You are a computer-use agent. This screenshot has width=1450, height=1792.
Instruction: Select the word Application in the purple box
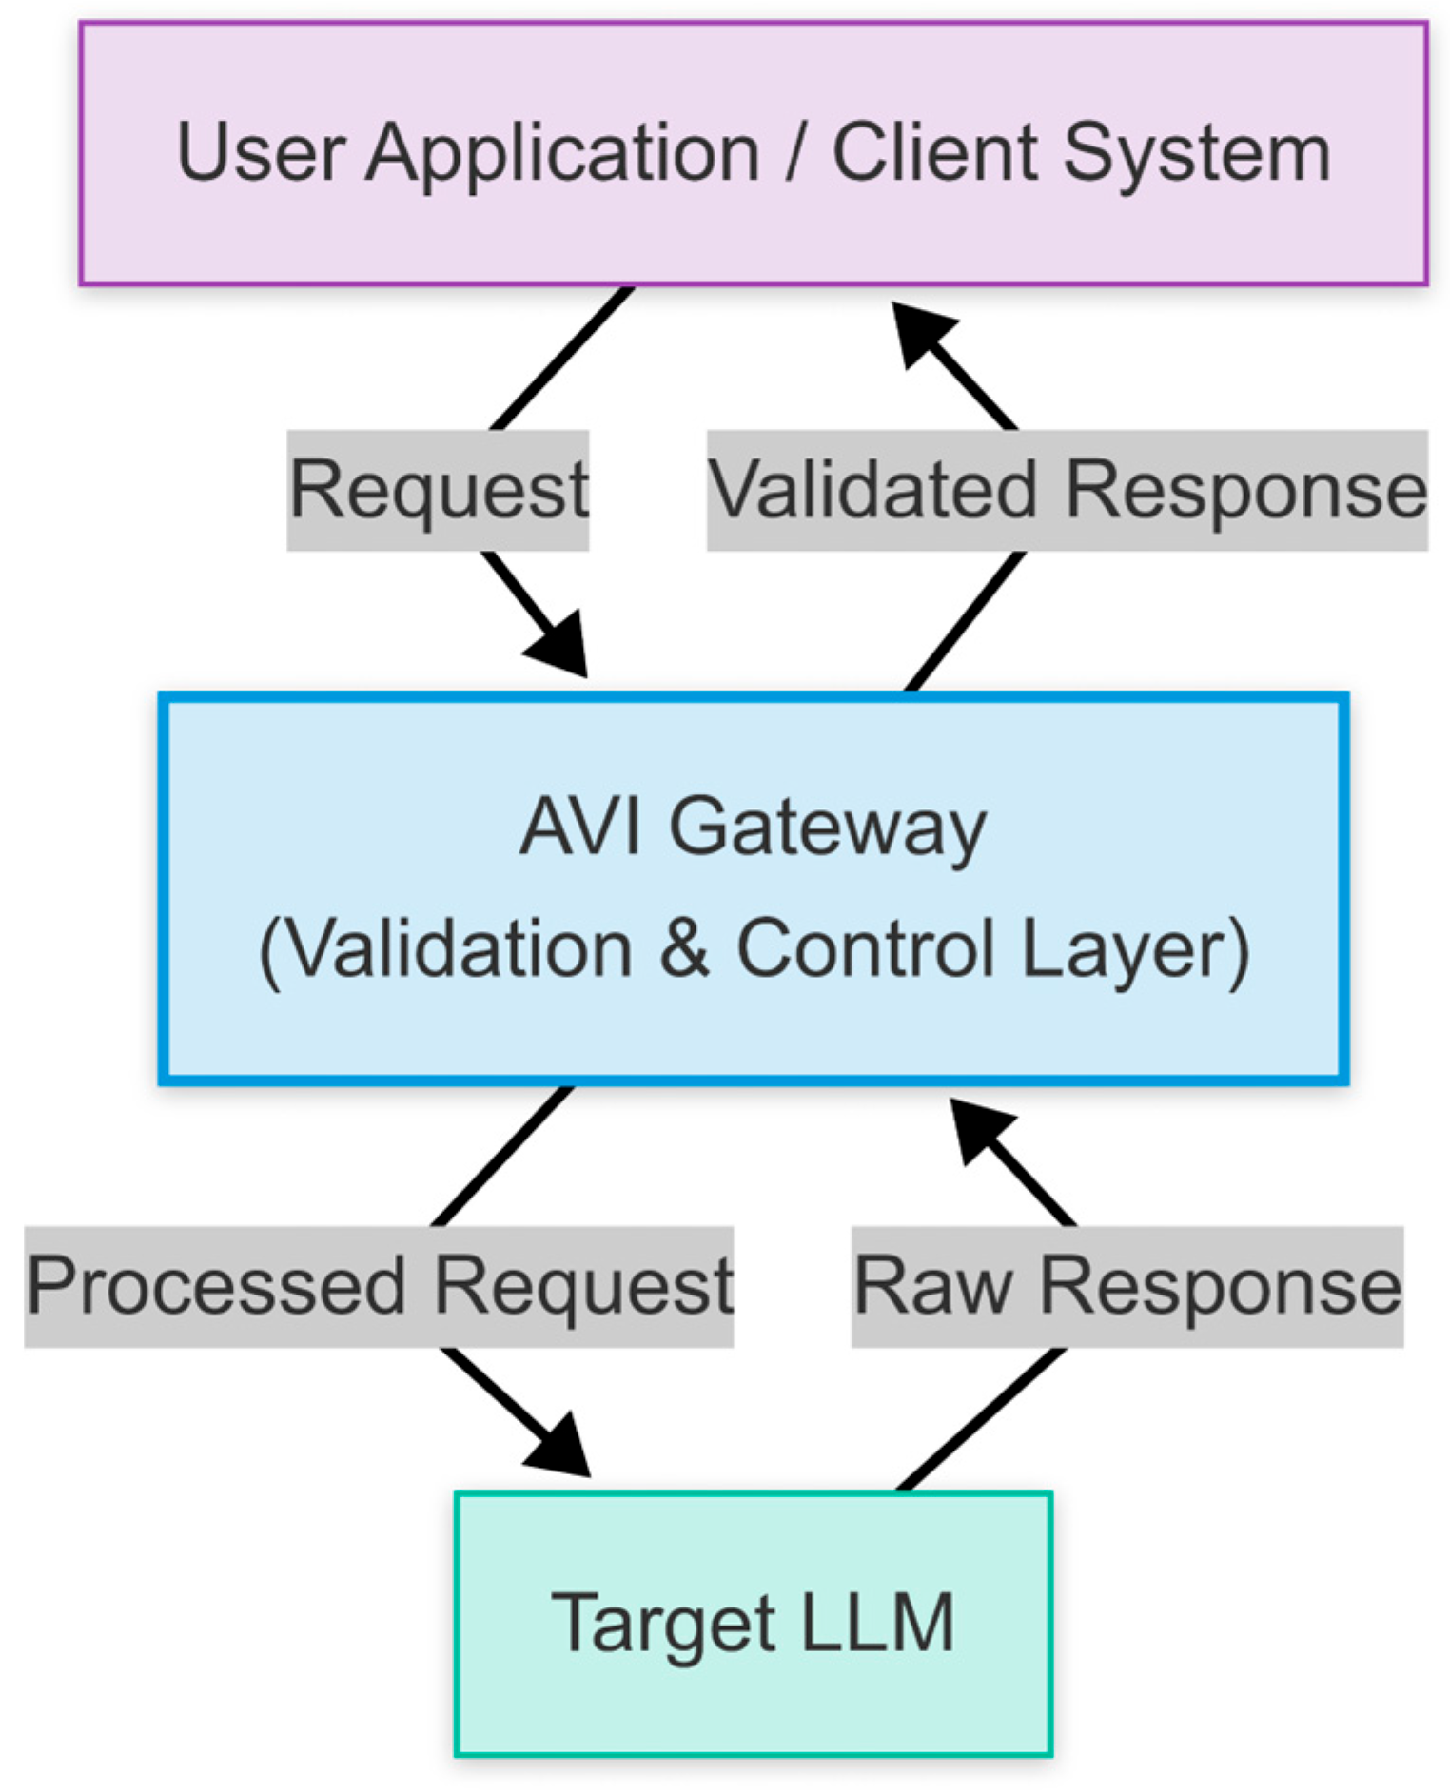point(562,154)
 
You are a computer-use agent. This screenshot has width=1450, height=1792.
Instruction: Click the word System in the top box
point(1196,154)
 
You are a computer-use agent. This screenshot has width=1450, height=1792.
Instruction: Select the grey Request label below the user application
point(439,490)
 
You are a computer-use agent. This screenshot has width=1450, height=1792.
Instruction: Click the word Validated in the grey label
point(872,490)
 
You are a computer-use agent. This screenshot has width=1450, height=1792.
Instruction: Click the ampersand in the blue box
point(684,947)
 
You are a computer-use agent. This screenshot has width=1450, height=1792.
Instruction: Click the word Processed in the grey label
point(215,1286)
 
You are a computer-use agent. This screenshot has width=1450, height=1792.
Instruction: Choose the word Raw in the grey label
point(932,1286)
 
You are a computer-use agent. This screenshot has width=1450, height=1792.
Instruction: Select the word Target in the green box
point(662,1624)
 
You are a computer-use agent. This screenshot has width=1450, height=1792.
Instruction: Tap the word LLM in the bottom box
point(877,1622)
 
